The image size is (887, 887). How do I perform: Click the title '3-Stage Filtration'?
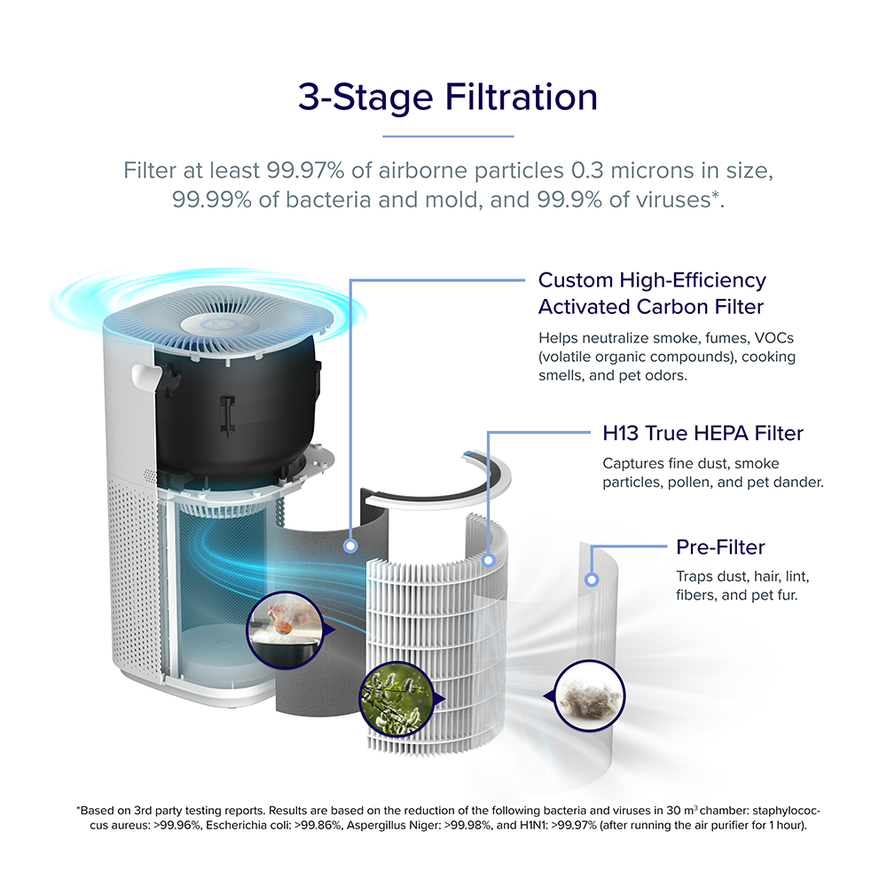447,97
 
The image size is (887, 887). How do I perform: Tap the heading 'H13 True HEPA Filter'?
703,434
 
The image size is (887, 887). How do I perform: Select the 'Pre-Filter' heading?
720,547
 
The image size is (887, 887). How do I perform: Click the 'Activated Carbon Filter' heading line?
650,307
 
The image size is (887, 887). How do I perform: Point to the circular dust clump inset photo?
590,695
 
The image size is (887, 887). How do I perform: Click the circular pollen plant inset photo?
396,699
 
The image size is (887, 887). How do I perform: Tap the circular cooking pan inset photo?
286,630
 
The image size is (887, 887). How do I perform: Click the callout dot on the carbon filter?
350,546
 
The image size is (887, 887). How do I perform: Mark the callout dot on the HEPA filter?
489,561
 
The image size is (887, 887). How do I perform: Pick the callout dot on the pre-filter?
592,580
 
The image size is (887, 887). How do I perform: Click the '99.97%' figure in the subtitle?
305,170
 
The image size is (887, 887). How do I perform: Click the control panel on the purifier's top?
218,325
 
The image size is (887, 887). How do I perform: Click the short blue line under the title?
448,137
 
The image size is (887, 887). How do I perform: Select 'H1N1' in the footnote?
533,825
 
